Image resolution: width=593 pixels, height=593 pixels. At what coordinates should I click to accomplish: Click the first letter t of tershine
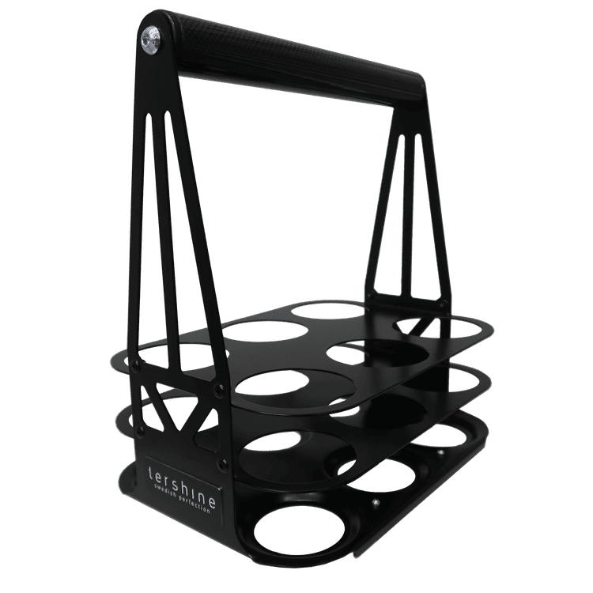pyautogui.click(x=151, y=471)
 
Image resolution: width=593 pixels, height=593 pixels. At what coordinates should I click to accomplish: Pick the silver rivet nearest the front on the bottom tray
pyautogui.click(x=374, y=502)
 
